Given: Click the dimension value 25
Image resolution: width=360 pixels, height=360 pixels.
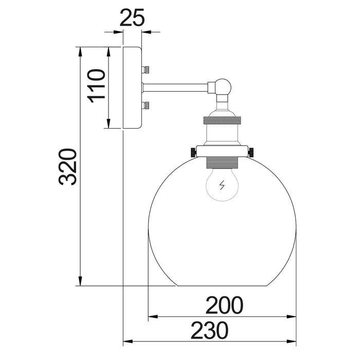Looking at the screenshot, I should (132, 19).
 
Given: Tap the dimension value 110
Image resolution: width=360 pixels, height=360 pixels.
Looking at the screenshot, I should (96, 86).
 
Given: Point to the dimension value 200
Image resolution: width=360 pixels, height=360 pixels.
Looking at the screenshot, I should (224, 306).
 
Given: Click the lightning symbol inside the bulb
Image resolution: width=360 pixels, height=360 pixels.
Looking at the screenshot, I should (222, 186).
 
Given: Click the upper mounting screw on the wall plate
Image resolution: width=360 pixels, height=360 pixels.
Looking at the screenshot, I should (147, 69).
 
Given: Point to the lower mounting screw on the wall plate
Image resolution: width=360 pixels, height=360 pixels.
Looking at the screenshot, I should (147, 106).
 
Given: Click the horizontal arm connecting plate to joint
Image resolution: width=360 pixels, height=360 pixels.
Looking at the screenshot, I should (175, 87).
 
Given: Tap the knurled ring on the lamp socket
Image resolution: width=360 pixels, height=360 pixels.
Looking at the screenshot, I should (222, 120).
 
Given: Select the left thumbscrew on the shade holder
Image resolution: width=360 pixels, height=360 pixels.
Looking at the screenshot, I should (193, 151).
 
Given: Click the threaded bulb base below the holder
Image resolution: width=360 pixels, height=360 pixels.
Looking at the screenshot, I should (222, 163).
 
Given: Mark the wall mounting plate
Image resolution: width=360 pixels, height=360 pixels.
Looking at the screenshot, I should (132, 87).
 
